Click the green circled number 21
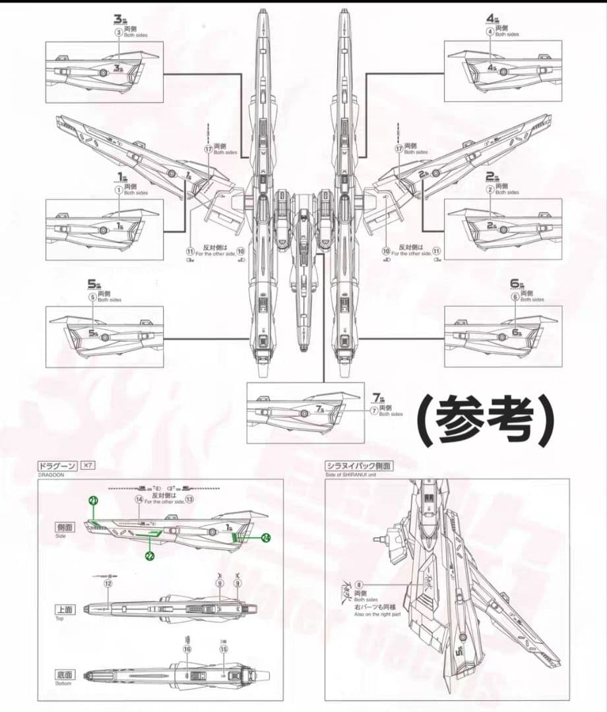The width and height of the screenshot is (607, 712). [x=93, y=501]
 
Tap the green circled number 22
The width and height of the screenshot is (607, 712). [x=150, y=557]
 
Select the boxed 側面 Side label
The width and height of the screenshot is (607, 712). [x=65, y=528]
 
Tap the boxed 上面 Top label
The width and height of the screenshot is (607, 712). [x=65, y=610]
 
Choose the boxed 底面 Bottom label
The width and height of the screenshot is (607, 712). [x=65, y=675]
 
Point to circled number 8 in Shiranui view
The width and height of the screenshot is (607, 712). [x=359, y=585]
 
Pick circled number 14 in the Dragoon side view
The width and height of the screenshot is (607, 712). [x=139, y=500]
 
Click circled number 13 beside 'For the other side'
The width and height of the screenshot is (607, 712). [x=189, y=500]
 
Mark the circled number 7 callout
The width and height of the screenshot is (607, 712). [x=373, y=411]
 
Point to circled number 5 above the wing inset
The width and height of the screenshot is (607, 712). [x=92, y=297]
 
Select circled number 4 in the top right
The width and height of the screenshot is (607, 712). [x=490, y=31]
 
